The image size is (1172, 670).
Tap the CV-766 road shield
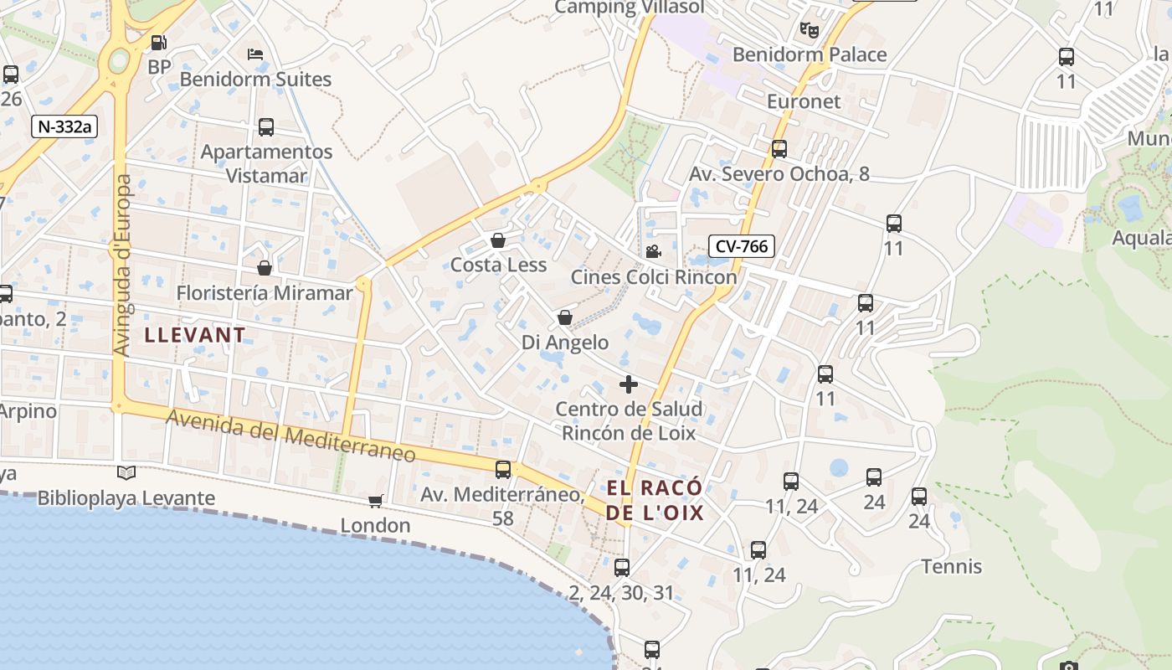[x=741, y=246]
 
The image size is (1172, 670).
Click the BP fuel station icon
[x=158, y=43]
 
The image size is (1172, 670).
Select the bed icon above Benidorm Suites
[x=255, y=54]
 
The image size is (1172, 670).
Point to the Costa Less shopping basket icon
[x=498, y=241]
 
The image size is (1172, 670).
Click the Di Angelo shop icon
[x=565, y=318]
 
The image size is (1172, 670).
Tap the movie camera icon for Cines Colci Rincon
[x=653, y=251]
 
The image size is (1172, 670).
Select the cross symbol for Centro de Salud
[x=628, y=384]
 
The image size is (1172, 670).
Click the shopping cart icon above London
[x=376, y=501]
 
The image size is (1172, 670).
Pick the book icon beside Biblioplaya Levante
[x=126, y=473]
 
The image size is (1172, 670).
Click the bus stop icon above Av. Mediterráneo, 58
[x=503, y=470]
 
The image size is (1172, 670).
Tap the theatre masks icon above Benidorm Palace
[x=809, y=30]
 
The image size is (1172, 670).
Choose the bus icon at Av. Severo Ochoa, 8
[x=779, y=149]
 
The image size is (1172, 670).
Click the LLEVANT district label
[x=196, y=335]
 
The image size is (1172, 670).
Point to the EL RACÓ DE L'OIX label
[x=655, y=500]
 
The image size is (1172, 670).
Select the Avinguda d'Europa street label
[x=122, y=265]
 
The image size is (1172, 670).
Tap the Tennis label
[x=952, y=567]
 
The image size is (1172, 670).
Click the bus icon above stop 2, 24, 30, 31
[x=621, y=568]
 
